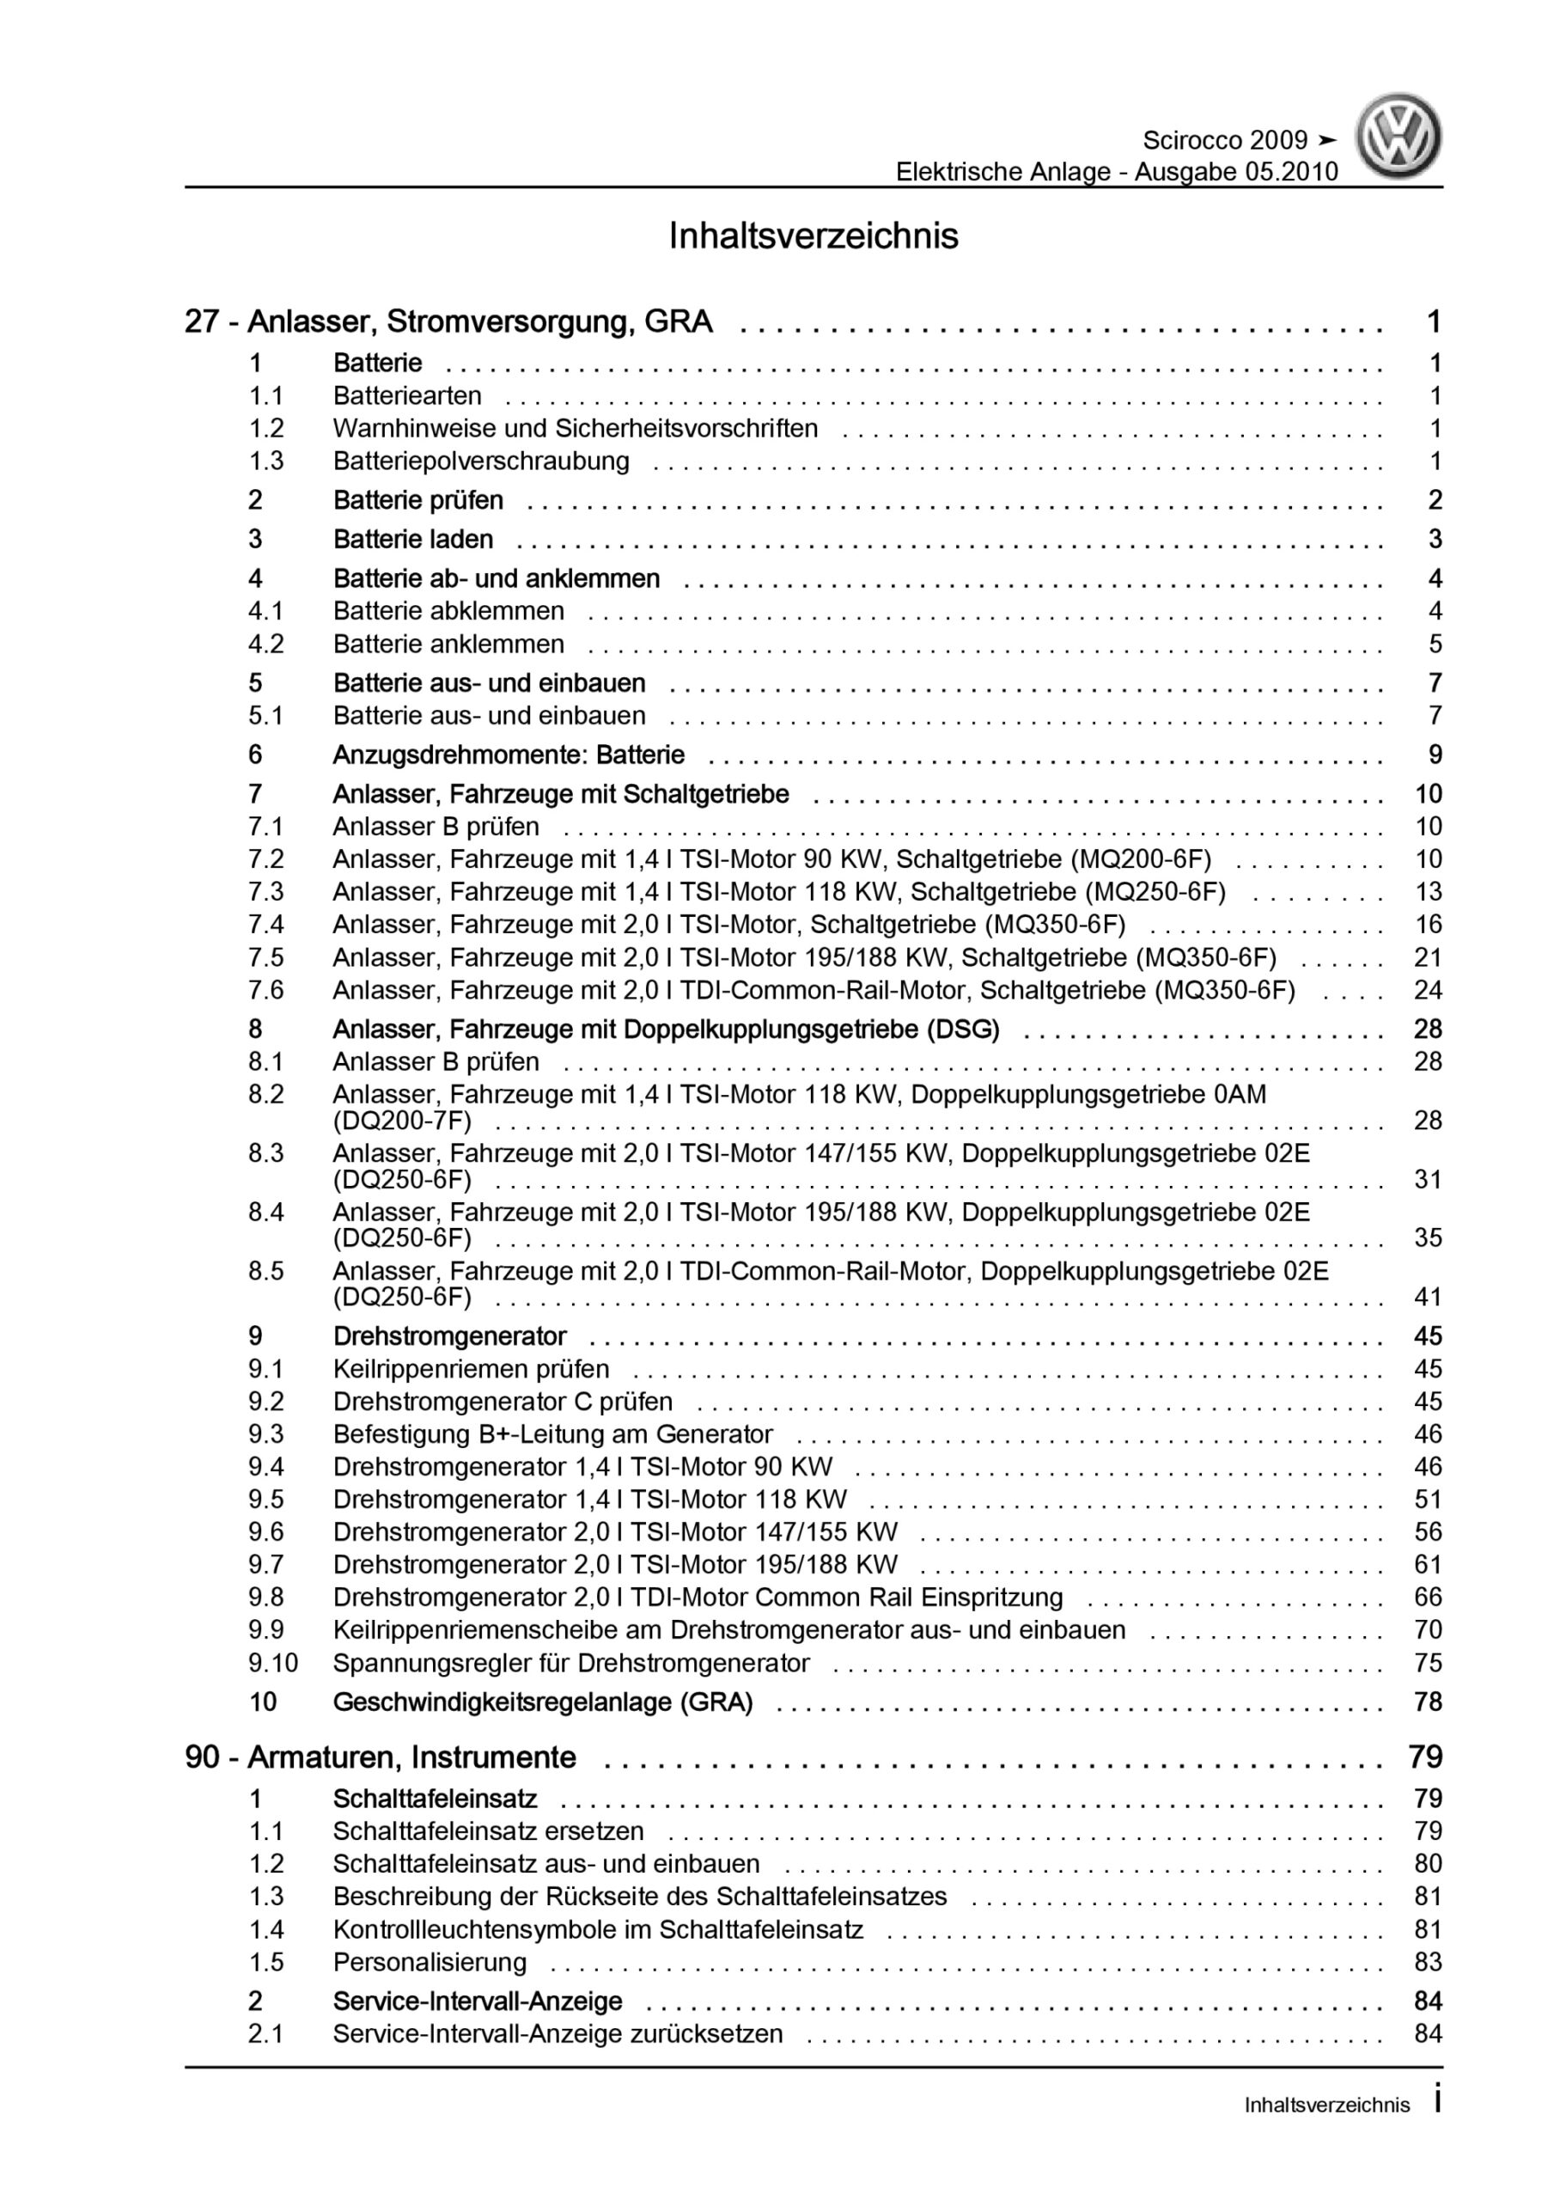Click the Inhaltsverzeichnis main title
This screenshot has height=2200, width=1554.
coord(814,235)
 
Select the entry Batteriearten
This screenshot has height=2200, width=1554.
coord(407,395)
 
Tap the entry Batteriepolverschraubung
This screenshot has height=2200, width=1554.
coord(481,461)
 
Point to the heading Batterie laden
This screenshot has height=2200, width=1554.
coord(413,540)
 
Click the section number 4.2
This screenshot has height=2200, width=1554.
coord(265,644)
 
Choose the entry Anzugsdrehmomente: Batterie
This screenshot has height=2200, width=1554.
coord(509,755)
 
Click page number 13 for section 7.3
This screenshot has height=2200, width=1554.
coord(1428,892)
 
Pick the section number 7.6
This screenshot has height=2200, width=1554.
coord(265,990)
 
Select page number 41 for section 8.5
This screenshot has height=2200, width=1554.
coord(1428,1298)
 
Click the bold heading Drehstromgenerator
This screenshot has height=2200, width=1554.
coord(449,1336)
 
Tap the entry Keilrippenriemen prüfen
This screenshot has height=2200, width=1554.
coord(471,1369)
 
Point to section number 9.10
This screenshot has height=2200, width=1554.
coord(272,1664)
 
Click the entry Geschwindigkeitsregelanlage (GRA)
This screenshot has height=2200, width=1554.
coord(542,1702)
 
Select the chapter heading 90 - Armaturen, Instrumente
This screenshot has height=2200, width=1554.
coord(381,1757)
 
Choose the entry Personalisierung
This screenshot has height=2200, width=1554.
coord(430,1962)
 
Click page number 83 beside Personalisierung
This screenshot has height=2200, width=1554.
coord(1428,1962)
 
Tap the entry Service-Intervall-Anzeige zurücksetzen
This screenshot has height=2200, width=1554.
coord(558,2033)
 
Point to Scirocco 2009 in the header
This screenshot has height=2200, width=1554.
coord(1224,141)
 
